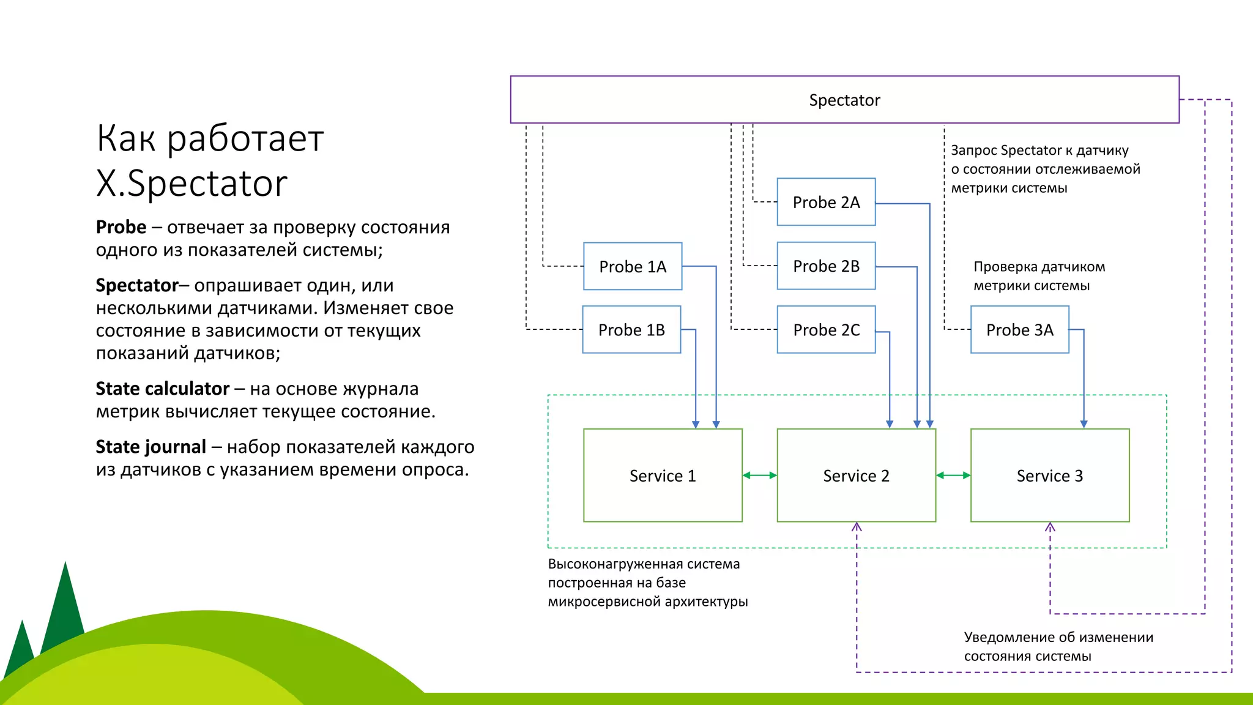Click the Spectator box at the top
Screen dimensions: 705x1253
844,100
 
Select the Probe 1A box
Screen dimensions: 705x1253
633,266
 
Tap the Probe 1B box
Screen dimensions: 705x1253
631,330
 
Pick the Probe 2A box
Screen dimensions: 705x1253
826,202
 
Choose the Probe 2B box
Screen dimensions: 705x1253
826,266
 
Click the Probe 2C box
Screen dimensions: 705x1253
826,330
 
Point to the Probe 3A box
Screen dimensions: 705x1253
1019,330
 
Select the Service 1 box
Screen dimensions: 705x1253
663,476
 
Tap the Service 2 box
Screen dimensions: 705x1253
856,476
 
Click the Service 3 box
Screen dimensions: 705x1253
1049,476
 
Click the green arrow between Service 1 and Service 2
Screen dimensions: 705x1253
759,476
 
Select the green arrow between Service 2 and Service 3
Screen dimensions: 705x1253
953,476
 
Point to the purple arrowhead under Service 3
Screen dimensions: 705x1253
1050,527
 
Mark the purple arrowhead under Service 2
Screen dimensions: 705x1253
857,527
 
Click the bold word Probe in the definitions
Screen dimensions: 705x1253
121,227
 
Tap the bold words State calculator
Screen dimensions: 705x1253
162,389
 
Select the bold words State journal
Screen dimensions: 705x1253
151,447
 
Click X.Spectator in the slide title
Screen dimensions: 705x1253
191,183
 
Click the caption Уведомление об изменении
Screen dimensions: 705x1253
1058,637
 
